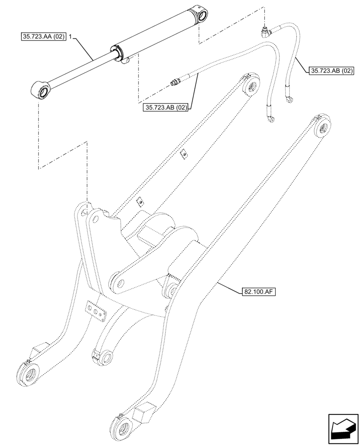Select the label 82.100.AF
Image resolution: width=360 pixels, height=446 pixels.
[258, 292]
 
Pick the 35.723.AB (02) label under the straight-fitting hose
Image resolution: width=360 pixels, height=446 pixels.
[165, 107]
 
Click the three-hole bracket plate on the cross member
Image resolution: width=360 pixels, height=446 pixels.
[96, 310]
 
